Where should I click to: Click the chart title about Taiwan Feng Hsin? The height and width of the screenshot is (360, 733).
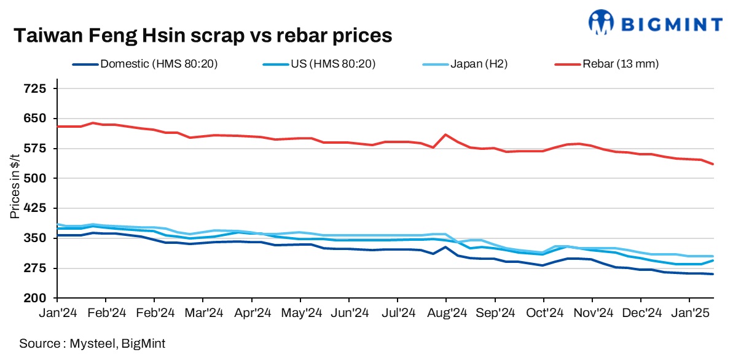pos(202,36)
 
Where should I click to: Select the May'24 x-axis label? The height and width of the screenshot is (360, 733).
pos(300,312)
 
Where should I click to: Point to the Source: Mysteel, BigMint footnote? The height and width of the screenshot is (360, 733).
pos(92,343)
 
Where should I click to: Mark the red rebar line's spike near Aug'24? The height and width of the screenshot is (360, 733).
pos(445,135)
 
